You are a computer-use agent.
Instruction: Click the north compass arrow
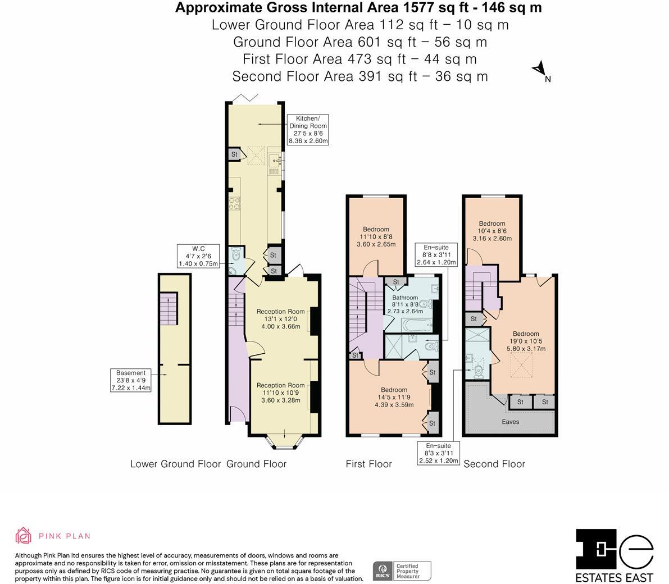click(540, 69)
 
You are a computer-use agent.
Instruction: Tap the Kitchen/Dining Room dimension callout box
click(307, 130)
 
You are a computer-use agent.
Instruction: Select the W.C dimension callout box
click(198, 256)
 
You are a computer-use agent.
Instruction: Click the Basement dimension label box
click(131, 380)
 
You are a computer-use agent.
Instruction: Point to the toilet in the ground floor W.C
click(236, 255)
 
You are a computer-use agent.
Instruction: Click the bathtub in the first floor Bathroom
click(416, 325)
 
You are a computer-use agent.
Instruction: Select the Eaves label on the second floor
click(510, 422)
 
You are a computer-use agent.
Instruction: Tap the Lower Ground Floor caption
click(175, 464)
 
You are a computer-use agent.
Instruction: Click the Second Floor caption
click(494, 464)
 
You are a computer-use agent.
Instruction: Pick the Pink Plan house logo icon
click(24, 536)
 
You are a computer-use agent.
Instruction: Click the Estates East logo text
click(615, 577)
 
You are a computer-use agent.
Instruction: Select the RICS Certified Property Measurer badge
click(402, 571)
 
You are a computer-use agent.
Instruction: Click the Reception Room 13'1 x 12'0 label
click(280, 319)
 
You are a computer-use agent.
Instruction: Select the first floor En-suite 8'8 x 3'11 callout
click(436, 254)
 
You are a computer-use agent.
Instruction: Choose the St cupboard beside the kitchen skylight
click(234, 154)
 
